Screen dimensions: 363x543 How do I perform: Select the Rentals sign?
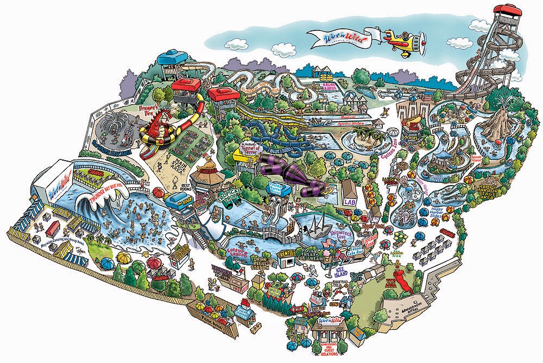click(287, 253)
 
